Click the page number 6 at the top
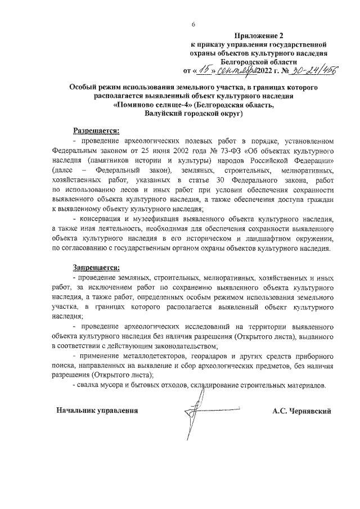pyautogui.click(x=193, y=25)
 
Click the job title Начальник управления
pyautogui.click(x=96, y=410)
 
